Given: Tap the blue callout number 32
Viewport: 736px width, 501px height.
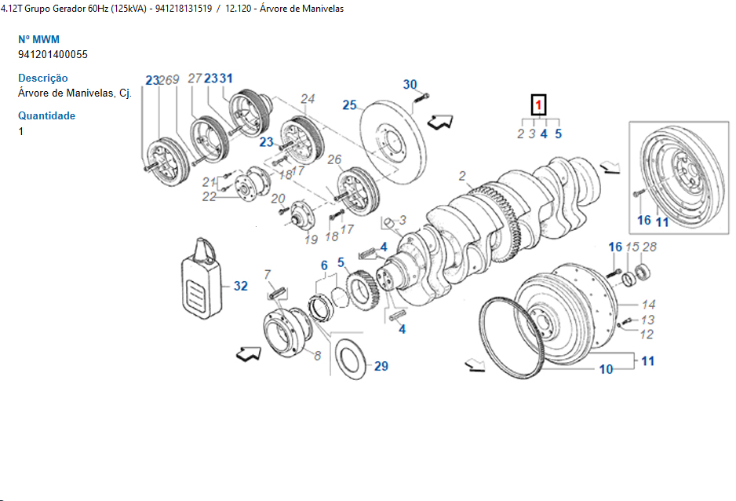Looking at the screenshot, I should [240, 286].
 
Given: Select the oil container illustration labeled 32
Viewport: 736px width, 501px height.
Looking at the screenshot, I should [201, 280].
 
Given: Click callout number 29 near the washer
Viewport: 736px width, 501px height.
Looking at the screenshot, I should [381, 366].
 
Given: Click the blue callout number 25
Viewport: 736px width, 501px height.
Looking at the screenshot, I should [349, 105].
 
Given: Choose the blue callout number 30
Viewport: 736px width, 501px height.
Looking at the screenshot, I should [410, 85].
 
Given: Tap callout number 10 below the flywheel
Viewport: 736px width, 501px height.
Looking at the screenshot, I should [606, 369].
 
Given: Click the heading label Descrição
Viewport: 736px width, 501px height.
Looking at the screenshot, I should [43, 78].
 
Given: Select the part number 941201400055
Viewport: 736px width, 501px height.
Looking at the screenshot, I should [53, 54].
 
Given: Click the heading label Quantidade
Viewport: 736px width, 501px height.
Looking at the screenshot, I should [47, 115].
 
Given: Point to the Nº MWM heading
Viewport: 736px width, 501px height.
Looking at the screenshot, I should [38, 39].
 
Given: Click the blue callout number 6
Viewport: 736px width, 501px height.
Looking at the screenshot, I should [323, 265].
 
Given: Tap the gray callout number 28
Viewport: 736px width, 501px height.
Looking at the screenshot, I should [649, 248].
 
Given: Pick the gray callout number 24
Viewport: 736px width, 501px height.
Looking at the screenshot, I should [308, 99].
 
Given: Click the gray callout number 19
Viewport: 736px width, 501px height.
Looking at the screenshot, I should [311, 240].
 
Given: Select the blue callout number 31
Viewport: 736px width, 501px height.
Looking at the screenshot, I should [226, 78].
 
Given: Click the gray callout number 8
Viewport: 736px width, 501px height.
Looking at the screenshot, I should [317, 357].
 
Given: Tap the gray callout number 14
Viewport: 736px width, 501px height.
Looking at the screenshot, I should [648, 305].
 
